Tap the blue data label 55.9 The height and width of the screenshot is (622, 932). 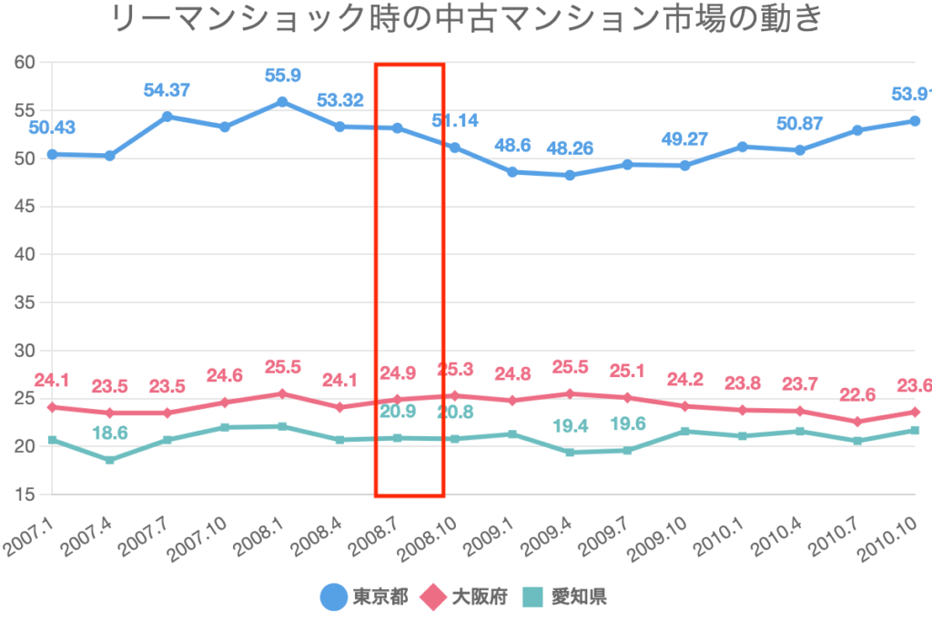click(x=282, y=76)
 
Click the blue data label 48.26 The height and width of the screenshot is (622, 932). click(x=570, y=148)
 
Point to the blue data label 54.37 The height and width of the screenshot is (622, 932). click(x=167, y=90)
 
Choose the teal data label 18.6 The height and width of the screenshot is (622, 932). click(x=110, y=434)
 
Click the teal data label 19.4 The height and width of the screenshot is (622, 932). click(x=570, y=426)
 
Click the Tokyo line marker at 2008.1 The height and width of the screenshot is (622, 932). click(x=282, y=102)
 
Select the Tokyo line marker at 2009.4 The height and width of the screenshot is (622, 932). click(x=570, y=175)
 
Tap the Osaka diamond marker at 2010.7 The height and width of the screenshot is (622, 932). click(x=857, y=422)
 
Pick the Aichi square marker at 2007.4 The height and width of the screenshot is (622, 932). click(x=110, y=460)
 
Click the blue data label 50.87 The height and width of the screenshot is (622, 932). click(x=799, y=123)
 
